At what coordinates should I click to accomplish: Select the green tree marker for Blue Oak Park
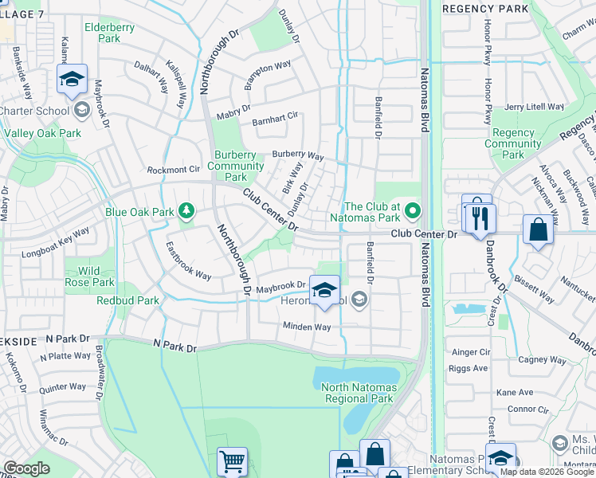point(186,210)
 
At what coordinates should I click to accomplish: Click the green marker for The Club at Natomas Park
point(412,211)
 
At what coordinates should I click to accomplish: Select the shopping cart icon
point(232,460)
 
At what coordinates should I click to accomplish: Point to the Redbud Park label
point(127,300)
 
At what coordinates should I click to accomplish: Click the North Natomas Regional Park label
point(357,393)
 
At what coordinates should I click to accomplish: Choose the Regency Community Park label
point(512,143)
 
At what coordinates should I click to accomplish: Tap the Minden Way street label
point(307,327)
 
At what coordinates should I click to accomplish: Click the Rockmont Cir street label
point(173,170)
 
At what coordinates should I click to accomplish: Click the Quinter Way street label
point(62,387)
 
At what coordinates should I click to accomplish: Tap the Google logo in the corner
point(26,468)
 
